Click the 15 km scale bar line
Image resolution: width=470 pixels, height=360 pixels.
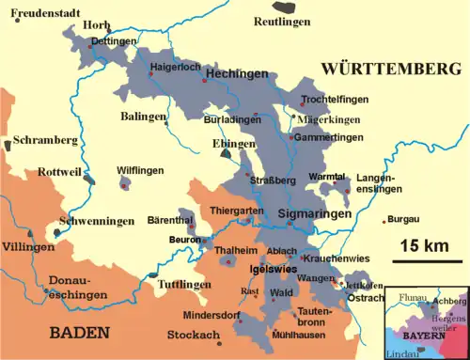pyautogui.click(x=427, y=260)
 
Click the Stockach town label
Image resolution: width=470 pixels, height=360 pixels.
pyautogui.click(x=194, y=336)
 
